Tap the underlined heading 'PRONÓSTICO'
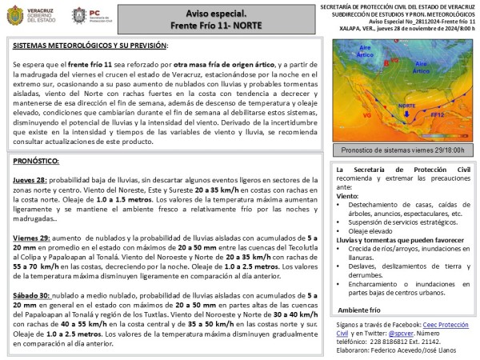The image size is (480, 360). (38, 161)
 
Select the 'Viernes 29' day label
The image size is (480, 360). (31, 238)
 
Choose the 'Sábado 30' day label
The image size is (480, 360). (32, 297)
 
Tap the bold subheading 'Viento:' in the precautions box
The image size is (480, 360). (348, 195)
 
